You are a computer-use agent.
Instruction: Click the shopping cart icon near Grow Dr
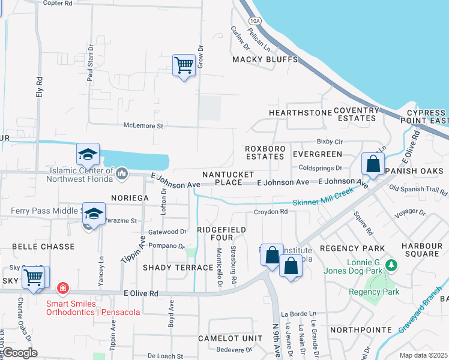pos(184,65)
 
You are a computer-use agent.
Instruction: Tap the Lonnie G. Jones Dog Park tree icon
pos(391,265)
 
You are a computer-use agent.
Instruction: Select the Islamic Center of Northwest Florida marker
pos(122,173)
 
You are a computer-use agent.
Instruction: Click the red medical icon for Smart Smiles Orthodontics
pos(62,289)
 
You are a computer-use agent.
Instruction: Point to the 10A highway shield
pos(256,20)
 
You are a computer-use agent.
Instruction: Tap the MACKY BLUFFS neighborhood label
pos(265,59)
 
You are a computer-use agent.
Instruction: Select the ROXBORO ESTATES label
pos(264,153)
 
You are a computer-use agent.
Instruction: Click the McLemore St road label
pos(143,126)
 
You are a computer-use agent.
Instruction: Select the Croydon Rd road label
pos(271,212)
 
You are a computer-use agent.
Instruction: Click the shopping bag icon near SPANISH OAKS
pos(373,163)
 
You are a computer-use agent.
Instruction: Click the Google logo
pos(20,353)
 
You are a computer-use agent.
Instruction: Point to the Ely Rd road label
pos(40,88)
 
